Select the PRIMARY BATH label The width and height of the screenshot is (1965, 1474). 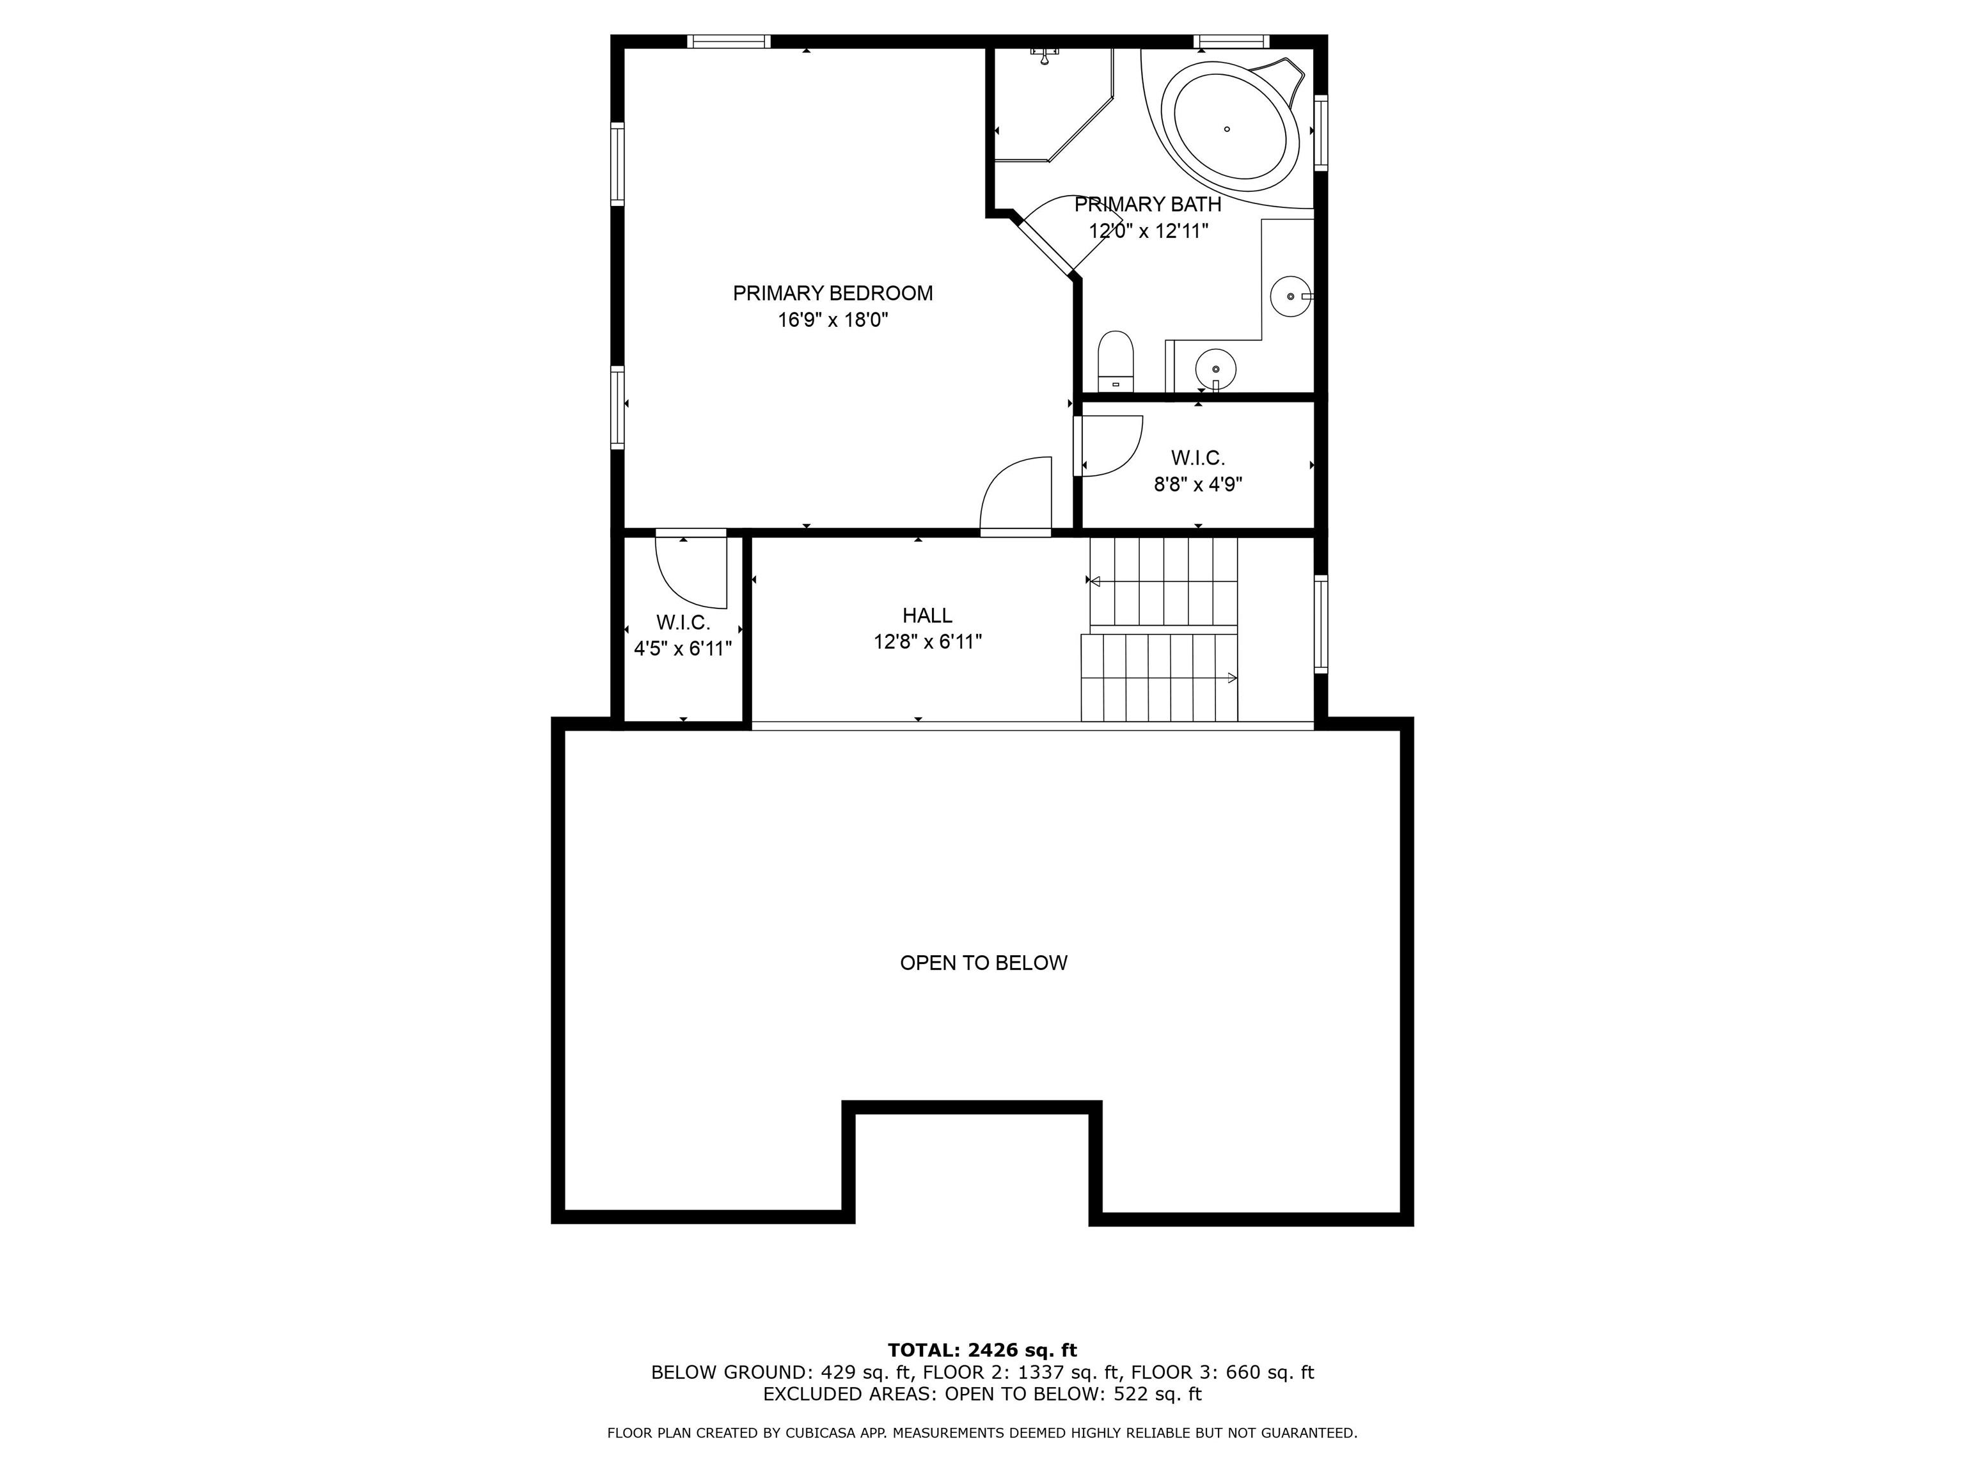(1148, 204)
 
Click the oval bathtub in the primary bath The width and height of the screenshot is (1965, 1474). (1229, 125)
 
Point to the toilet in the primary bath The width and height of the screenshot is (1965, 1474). (1116, 361)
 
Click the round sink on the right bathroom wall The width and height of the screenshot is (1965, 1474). (1290, 296)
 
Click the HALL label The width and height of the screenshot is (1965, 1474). (927, 615)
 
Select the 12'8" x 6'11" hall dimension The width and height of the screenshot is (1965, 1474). (927, 642)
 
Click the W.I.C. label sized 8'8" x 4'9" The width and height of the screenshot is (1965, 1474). (1197, 459)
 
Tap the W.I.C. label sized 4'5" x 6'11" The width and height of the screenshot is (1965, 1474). (683, 623)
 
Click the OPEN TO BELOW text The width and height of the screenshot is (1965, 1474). (983, 963)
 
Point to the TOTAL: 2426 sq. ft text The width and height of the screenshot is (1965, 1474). (982, 1351)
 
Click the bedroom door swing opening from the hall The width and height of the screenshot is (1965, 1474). (1015, 496)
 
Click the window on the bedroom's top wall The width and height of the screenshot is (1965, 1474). (729, 41)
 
